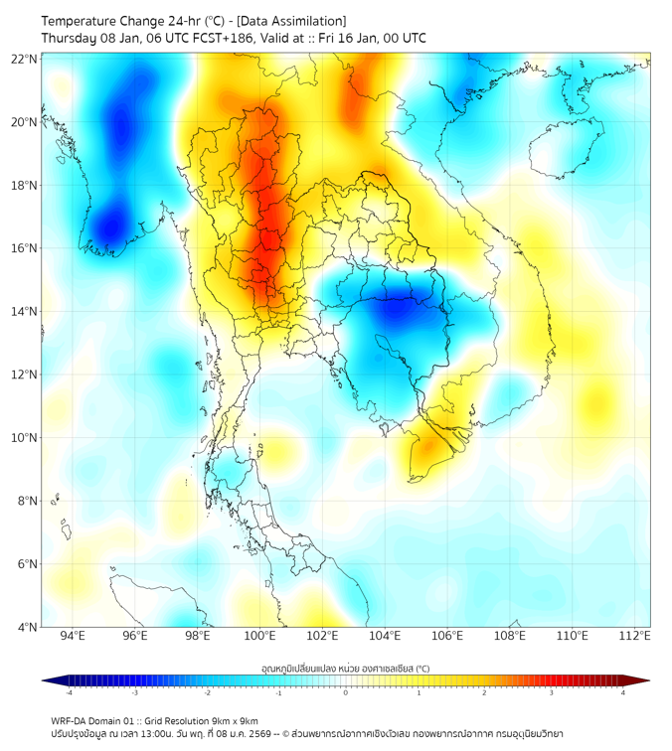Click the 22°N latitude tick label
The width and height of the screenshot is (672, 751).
25,59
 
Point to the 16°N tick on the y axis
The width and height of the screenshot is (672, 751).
25,248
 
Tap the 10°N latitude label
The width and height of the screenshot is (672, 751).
25,438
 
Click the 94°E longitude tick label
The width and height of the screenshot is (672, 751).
73,637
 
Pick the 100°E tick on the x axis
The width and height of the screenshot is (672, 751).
259,637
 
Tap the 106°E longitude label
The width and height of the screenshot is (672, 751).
447,637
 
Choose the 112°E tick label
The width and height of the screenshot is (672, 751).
634,637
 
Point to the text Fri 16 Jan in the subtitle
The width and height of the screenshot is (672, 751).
341,38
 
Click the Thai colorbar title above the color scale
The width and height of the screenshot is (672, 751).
345,669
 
